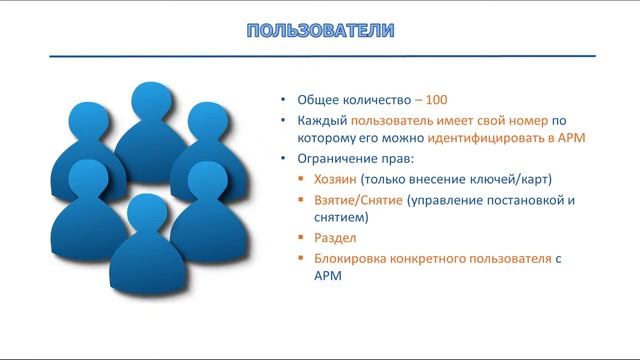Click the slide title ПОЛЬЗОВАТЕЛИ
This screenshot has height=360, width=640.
tap(320, 30)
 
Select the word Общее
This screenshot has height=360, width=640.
tap(317, 101)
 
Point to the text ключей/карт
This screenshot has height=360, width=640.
tap(515, 180)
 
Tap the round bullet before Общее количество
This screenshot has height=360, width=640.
tap(285, 101)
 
